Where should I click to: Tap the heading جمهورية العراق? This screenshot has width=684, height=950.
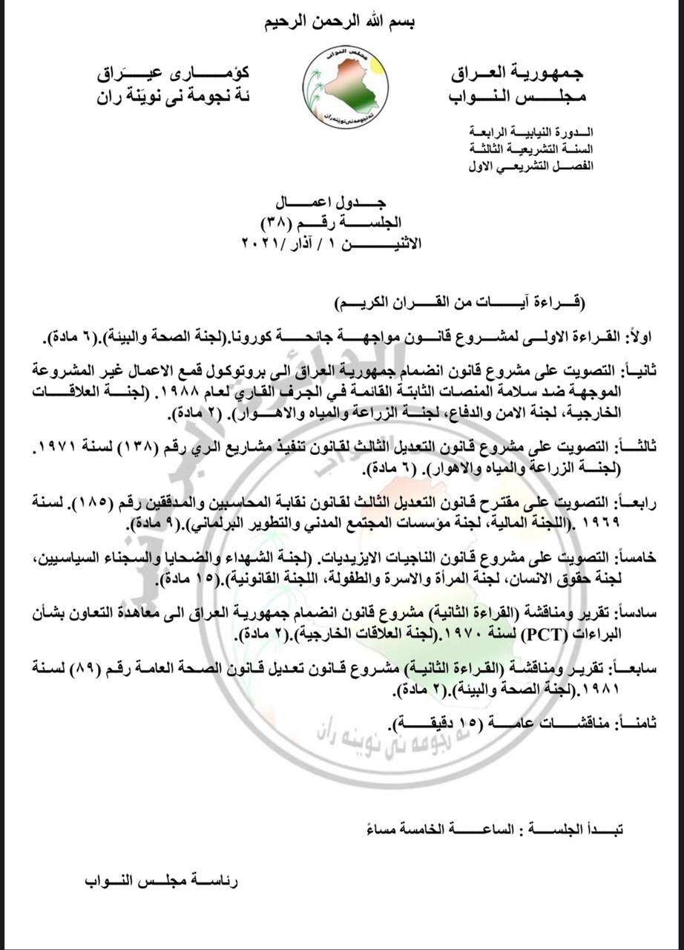[517, 73]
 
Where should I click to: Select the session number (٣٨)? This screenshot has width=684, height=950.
[276, 223]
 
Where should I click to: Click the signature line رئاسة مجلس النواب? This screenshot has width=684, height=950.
[161, 881]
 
